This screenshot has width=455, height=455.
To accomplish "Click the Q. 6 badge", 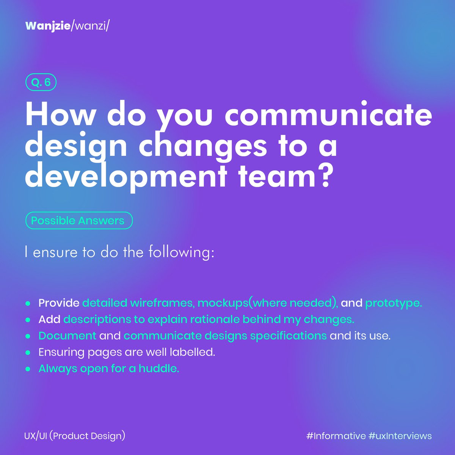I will point(41,83).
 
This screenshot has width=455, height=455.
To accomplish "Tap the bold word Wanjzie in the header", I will point(48,26).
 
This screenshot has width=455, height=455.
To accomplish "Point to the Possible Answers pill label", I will point(78,221).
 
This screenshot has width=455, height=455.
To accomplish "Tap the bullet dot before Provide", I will point(28,303).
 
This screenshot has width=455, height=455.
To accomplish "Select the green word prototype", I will point(393,303).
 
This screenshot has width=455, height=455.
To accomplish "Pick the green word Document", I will point(67,336).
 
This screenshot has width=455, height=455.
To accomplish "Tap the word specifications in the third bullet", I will point(288,336).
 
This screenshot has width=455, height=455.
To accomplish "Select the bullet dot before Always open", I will point(28,369).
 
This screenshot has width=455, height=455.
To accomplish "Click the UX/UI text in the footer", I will point(35,436).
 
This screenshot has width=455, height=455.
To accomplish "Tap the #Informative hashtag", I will point(336,436).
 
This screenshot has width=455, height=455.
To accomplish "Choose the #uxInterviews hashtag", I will point(400,436).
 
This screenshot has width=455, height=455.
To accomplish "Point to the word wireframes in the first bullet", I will point(163,303).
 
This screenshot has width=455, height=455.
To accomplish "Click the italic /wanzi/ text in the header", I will point(90,26).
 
